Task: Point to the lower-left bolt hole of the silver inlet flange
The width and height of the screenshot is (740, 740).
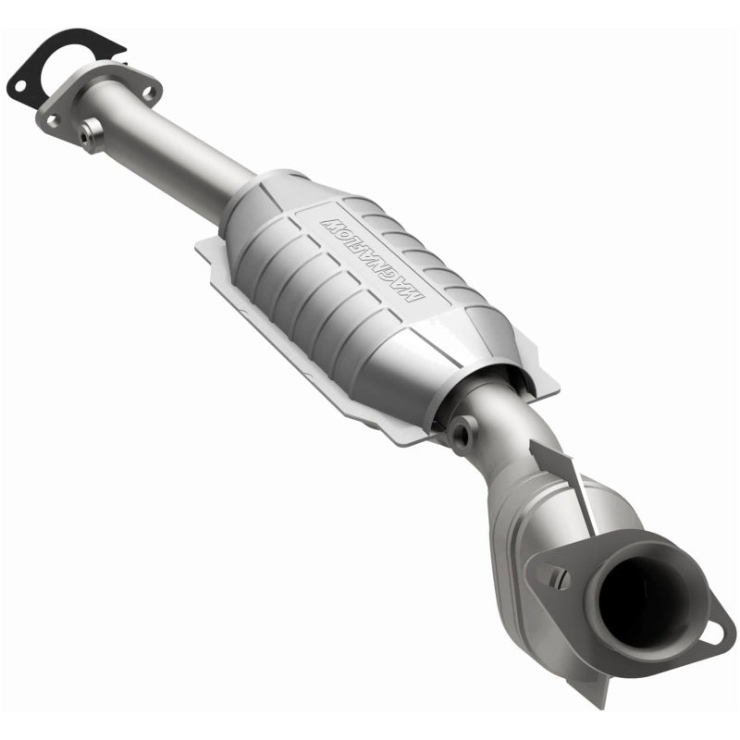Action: click(53, 120)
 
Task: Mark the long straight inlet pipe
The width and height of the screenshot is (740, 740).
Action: click(176, 148)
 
